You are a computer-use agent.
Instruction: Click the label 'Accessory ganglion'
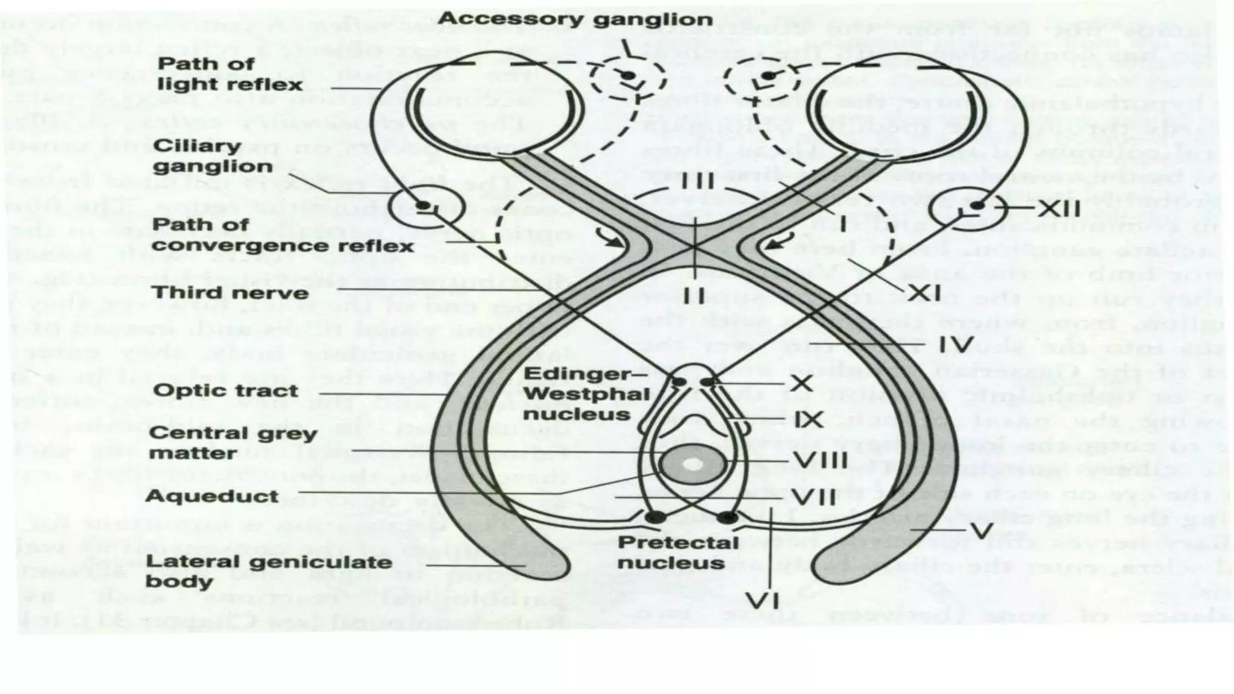[x=575, y=19]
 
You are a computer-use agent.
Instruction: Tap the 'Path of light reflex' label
[x=230, y=74]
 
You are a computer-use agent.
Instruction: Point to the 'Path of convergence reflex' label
[x=282, y=235]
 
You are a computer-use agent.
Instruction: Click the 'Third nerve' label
[x=230, y=293]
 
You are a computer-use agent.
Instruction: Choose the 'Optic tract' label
[x=225, y=390]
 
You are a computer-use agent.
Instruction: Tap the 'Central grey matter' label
[x=232, y=443]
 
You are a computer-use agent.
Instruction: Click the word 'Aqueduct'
[x=212, y=496]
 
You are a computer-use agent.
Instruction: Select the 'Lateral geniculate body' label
[x=269, y=571]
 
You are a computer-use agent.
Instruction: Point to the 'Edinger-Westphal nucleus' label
[x=586, y=394]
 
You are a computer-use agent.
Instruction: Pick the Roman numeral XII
[x=1058, y=209]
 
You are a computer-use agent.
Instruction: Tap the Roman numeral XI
[x=924, y=293]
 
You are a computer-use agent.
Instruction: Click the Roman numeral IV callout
[x=956, y=345]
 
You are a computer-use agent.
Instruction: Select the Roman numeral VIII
[x=819, y=461]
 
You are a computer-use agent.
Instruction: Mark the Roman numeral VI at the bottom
[x=762, y=601]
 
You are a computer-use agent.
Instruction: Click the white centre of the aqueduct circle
[x=693, y=464]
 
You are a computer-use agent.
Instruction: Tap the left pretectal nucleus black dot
[x=656, y=517]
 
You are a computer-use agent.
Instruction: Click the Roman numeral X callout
[x=801, y=382]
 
